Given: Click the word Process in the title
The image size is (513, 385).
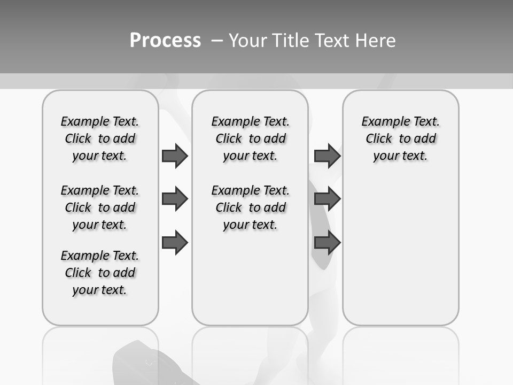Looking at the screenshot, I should [x=165, y=41].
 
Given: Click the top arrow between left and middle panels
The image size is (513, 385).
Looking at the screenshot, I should [x=175, y=156].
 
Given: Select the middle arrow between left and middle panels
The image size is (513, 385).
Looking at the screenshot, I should [x=175, y=199].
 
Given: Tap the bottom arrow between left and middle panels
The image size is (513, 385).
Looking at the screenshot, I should [x=175, y=243].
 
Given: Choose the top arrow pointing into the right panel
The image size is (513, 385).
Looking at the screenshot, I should [x=327, y=156].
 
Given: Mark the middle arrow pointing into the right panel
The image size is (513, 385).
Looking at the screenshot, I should [x=327, y=199].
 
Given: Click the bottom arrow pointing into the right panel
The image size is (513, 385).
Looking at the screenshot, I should [x=327, y=243].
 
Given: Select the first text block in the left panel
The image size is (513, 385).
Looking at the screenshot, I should [x=100, y=138].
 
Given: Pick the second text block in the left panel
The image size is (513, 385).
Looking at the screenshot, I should [x=100, y=207].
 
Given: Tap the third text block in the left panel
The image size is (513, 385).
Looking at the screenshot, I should [x=100, y=273].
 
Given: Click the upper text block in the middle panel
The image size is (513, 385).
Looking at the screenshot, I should [x=250, y=138].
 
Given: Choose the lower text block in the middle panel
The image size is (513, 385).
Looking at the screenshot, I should [x=250, y=207].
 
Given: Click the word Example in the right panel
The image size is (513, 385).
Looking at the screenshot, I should [x=382, y=121].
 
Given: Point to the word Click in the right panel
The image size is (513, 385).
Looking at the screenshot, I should [x=379, y=138].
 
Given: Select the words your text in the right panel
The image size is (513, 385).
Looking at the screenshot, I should [x=400, y=156].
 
